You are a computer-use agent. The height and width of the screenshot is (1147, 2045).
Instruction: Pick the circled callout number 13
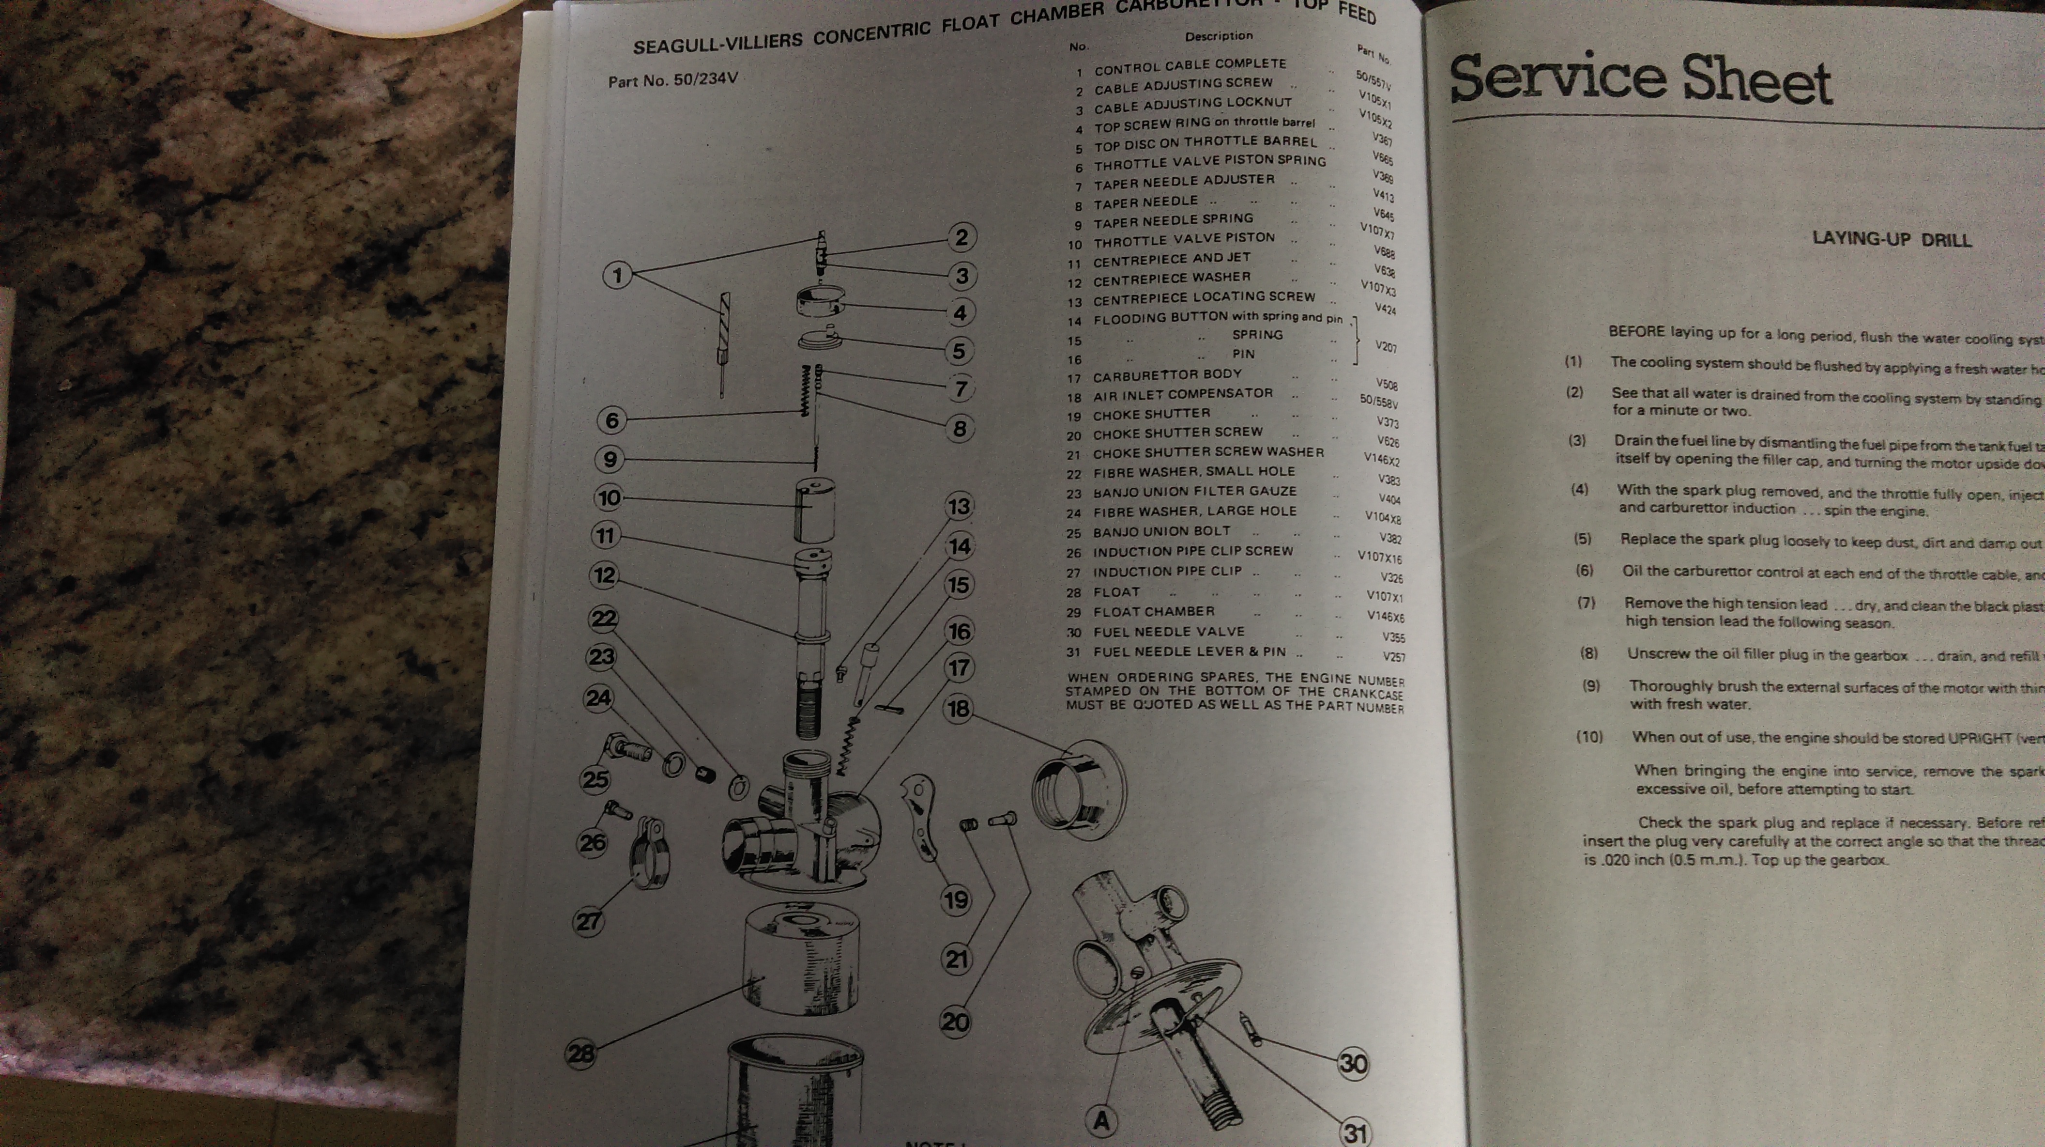coord(959,506)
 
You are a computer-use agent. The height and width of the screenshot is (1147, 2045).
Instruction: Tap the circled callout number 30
coord(1353,1063)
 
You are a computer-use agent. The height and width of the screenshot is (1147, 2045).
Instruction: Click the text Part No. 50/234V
coord(672,80)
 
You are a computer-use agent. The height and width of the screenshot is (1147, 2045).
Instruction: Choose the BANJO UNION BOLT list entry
coord(1161,531)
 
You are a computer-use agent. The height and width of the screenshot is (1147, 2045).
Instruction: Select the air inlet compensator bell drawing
coord(1078,790)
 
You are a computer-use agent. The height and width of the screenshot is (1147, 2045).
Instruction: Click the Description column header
coord(1219,36)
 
